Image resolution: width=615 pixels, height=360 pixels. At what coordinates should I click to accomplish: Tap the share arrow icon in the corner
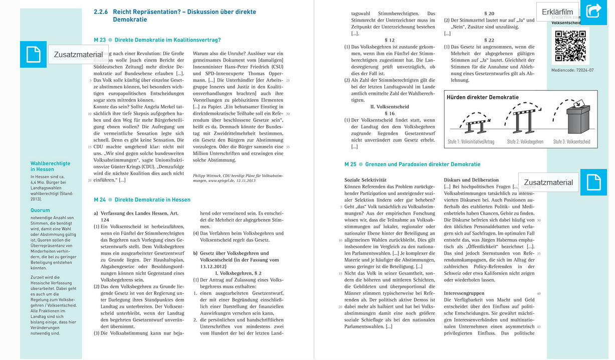coord(593,11)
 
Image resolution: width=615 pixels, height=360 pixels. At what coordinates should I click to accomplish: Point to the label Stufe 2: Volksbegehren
coord(525,142)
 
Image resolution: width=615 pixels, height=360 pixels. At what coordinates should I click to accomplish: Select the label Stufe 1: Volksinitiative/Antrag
coord(471,142)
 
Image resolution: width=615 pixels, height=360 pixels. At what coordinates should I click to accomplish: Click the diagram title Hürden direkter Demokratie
coord(482,97)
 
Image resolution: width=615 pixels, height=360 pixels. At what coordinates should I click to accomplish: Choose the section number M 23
coord(100,40)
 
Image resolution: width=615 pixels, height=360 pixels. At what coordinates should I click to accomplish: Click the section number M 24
coord(100,200)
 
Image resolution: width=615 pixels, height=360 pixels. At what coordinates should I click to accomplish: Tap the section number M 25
coord(350,164)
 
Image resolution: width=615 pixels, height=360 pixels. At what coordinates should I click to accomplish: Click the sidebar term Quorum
coord(40,211)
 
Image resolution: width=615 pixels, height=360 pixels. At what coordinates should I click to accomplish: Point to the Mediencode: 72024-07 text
coord(572,70)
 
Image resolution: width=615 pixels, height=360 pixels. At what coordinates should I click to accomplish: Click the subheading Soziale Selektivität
coord(365,180)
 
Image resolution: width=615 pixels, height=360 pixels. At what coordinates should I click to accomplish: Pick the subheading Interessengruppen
coord(464,293)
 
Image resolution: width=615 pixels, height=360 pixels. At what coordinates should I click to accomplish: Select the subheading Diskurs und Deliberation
coord(471,180)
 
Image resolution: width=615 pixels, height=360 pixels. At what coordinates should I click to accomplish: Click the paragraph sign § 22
coord(489,40)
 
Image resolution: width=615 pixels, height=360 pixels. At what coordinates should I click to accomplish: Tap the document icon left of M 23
coord(33,54)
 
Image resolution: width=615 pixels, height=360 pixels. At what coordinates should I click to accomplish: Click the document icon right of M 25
coord(593,183)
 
